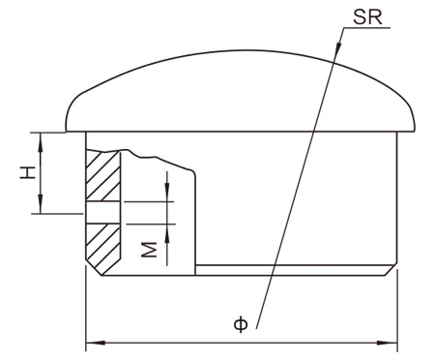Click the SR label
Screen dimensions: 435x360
click(x=367, y=17)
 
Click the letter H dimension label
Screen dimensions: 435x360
click(x=28, y=172)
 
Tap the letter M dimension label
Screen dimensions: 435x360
click(x=149, y=250)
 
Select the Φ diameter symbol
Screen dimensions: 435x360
click(x=241, y=324)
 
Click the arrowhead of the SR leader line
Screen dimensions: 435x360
click(x=337, y=47)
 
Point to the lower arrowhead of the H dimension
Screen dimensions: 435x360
click(x=41, y=205)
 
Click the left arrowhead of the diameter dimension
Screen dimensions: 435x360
click(x=96, y=343)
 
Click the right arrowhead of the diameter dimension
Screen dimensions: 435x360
click(x=388, y=343)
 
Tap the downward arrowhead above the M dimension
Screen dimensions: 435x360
click(x=167, y=193)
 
